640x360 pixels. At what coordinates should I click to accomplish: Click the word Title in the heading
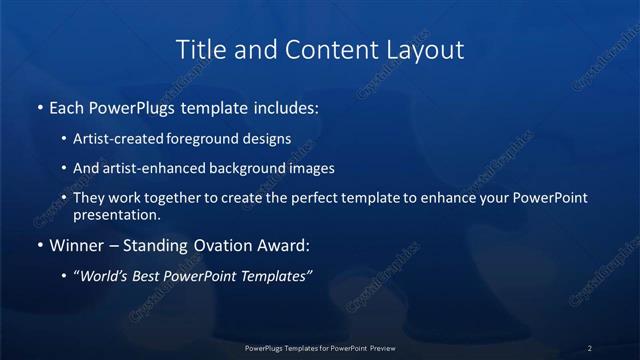tap(200, 49)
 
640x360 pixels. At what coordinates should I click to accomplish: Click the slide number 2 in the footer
tap(589, 347)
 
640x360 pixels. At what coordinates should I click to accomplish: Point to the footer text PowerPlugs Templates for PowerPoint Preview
tap(319, 347)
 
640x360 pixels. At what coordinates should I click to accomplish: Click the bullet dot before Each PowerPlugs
tap(39, 105)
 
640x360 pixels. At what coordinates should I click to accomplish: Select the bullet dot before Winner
tap(39, 245)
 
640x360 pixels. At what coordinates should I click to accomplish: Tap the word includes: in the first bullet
tap(286, 105)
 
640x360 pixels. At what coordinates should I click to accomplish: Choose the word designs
tap(269, 139)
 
